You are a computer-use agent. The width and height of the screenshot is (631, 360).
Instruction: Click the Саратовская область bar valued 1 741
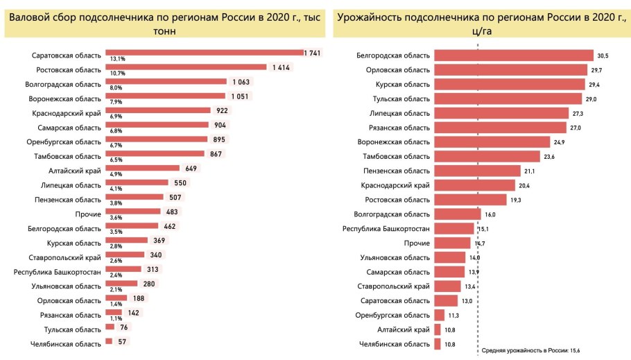[x=205, y=53]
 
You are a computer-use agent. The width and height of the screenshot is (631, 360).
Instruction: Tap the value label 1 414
[x=281, y=67]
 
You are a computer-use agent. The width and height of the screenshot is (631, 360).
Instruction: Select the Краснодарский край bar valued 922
[x=157, y=110]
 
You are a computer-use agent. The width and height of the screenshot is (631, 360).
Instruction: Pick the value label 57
[x=122, y=342]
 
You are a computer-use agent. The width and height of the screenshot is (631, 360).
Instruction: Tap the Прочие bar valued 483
[x=132, y=212]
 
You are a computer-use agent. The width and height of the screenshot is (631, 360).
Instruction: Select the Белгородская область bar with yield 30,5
[x=514, y=55]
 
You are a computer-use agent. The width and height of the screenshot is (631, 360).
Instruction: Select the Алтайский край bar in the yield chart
[x=437, y=329]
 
